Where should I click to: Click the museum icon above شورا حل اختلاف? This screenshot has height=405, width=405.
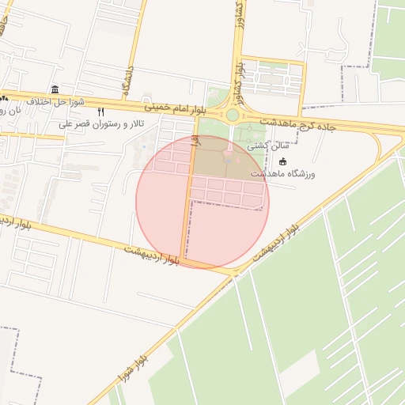pyautogui.click(x=54, y=89)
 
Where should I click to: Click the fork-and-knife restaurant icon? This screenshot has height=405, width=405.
pyautogui.click(x=100, y=112)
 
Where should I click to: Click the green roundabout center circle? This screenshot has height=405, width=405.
pyautogui.click(x=233, y=115)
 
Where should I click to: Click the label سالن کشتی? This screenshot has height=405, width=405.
pyautogui.click(x=264, y=146)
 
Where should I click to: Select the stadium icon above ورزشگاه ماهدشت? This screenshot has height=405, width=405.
pyautogui.click(x=282, y=161)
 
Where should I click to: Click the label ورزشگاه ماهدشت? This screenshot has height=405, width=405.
pyautogui.click(x=282, y=174)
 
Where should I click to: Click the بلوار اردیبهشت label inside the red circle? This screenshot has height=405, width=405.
pyautogui.click(x=152, y=254)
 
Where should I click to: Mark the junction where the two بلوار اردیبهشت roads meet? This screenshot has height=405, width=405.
pyautogui.click(x=236, y=273)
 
